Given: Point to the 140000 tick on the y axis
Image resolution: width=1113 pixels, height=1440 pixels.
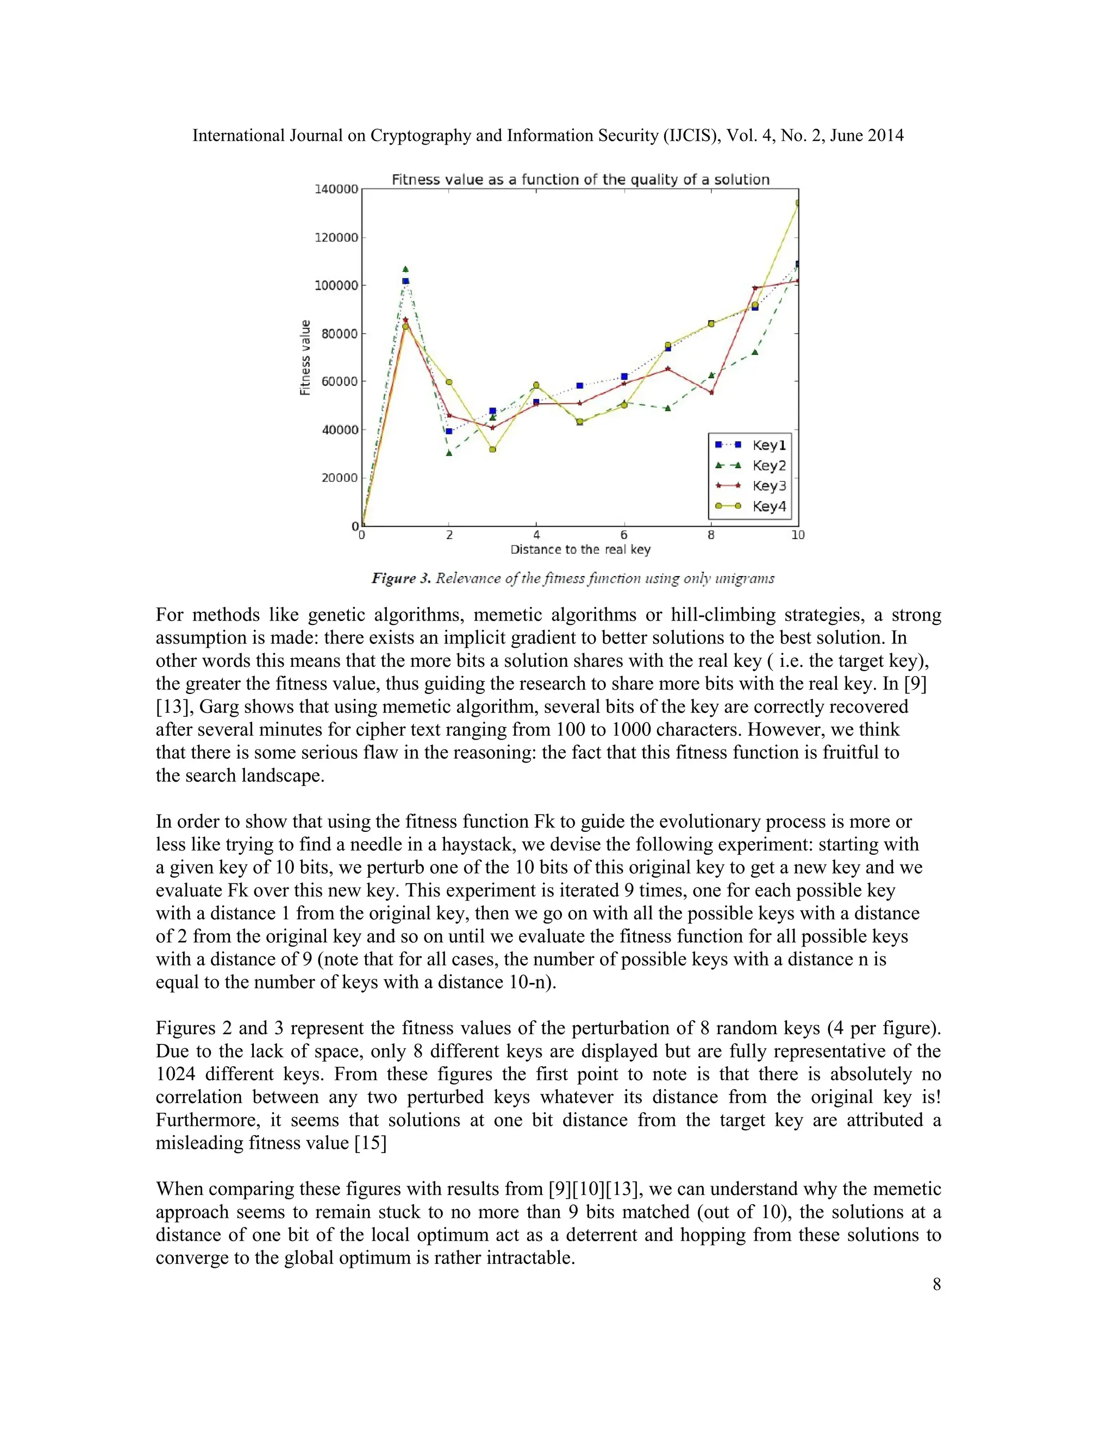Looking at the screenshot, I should pos(336,189).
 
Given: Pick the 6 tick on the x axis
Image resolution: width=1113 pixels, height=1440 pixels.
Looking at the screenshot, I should pos(624,535).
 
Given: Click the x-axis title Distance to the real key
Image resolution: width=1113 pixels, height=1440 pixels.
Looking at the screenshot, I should pos(580,550).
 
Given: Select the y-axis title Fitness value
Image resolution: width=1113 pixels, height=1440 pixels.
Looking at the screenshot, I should pos(305,358).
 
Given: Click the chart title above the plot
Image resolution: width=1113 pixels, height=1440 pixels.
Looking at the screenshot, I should pos(580,179).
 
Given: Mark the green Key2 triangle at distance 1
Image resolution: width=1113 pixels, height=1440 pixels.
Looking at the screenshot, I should pos(405,269).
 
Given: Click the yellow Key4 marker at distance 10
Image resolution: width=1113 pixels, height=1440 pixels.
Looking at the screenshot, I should pos(797,203).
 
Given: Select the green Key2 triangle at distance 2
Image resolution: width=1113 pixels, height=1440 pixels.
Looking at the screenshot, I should pos(449,454).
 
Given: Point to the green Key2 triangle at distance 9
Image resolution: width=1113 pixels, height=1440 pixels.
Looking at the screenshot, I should pos(755,352).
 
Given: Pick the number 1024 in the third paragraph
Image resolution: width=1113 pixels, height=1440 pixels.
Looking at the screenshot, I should pos(175,1074).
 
